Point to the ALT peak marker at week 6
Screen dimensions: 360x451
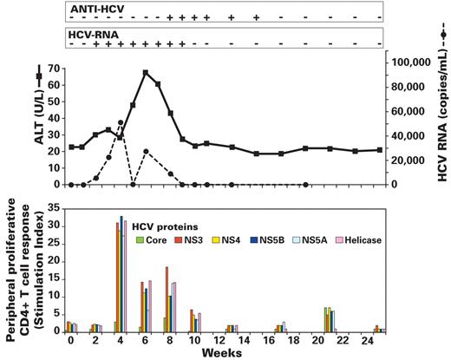[x=146, y=73]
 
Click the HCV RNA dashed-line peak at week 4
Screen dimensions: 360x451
[x=121, y=123]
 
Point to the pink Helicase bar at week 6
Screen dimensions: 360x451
[x=150, y=306]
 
